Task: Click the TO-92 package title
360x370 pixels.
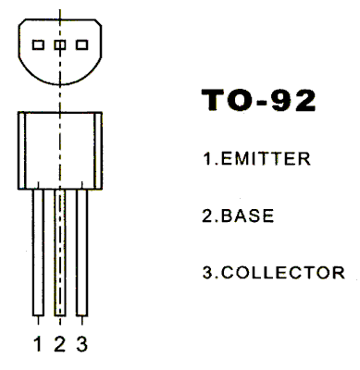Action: click(x=257, y=103)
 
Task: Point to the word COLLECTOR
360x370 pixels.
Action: click(x=281, y=273)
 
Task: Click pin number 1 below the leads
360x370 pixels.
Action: click(x=38, y=345)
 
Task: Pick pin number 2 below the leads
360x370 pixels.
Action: click(x=59, y=345)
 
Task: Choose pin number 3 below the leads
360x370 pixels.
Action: click(x=81, y=345)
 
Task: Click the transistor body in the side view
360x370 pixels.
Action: click(x=60, y=148)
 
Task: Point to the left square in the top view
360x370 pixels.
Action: click(x=39, y=43)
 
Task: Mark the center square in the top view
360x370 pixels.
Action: click(x=60, y=43)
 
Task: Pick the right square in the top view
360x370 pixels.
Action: click(x=81, y=43)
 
